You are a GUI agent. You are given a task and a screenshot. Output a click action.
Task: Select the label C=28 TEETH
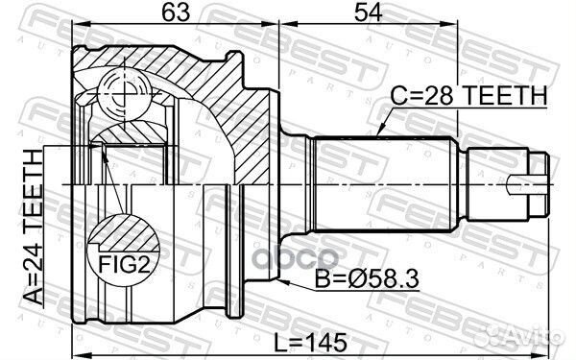click(x=468, y=95)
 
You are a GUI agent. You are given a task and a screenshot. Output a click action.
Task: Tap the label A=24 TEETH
click(x=33, y=227)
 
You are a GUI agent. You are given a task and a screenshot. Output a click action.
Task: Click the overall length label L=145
click(x=311, y=342)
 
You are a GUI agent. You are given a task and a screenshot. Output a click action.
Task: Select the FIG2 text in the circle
click(x=124, y=264)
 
